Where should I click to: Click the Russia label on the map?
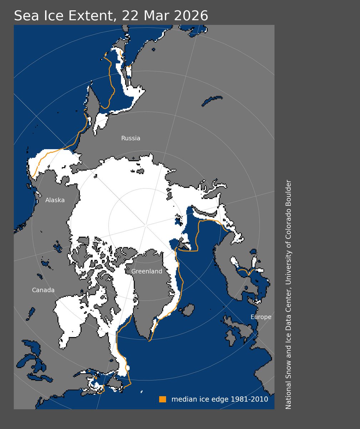pos(131,138)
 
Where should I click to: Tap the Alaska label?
pos(55,200)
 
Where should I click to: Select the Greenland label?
pos(147,271)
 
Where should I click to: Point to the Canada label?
pos(43,290)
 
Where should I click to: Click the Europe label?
pos(261,317)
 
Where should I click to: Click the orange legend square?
pos(162,399)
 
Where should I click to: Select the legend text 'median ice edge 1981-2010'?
pos(220,399)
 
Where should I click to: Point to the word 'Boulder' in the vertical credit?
pos(289,192)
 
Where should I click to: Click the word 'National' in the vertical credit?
pos(289,397)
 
